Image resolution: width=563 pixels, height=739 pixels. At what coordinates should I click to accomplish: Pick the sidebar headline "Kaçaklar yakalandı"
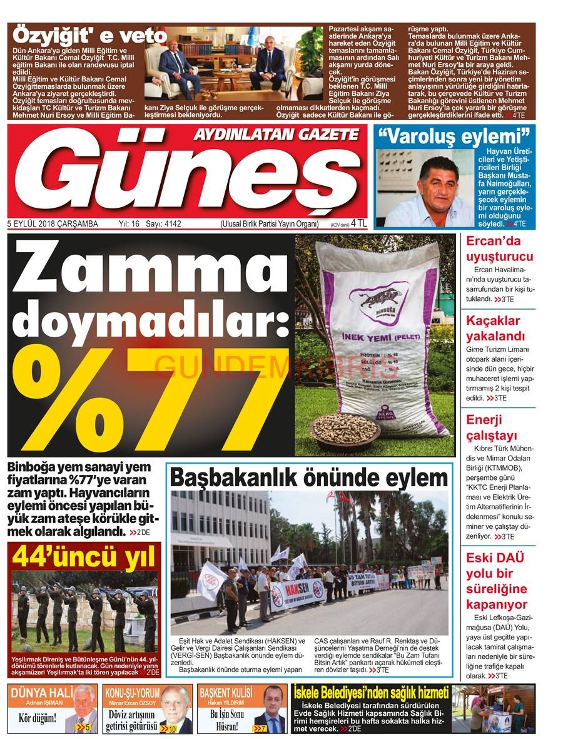coord(495,329)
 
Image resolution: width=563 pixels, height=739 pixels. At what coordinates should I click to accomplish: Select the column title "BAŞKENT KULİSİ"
coord(226,693)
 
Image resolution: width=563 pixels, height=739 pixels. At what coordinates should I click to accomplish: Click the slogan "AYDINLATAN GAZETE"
coord(276,134)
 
